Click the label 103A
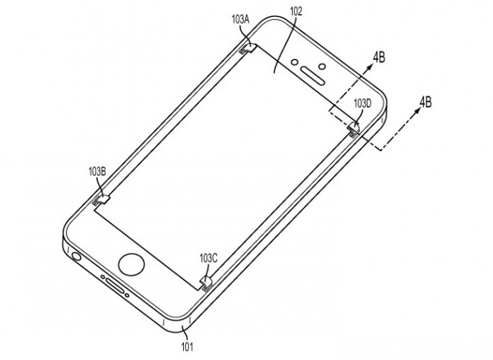[240, 20]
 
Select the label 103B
[97, 171]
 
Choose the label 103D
[363, 104]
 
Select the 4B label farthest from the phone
[425, 101]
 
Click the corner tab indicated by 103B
[102, 199]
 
